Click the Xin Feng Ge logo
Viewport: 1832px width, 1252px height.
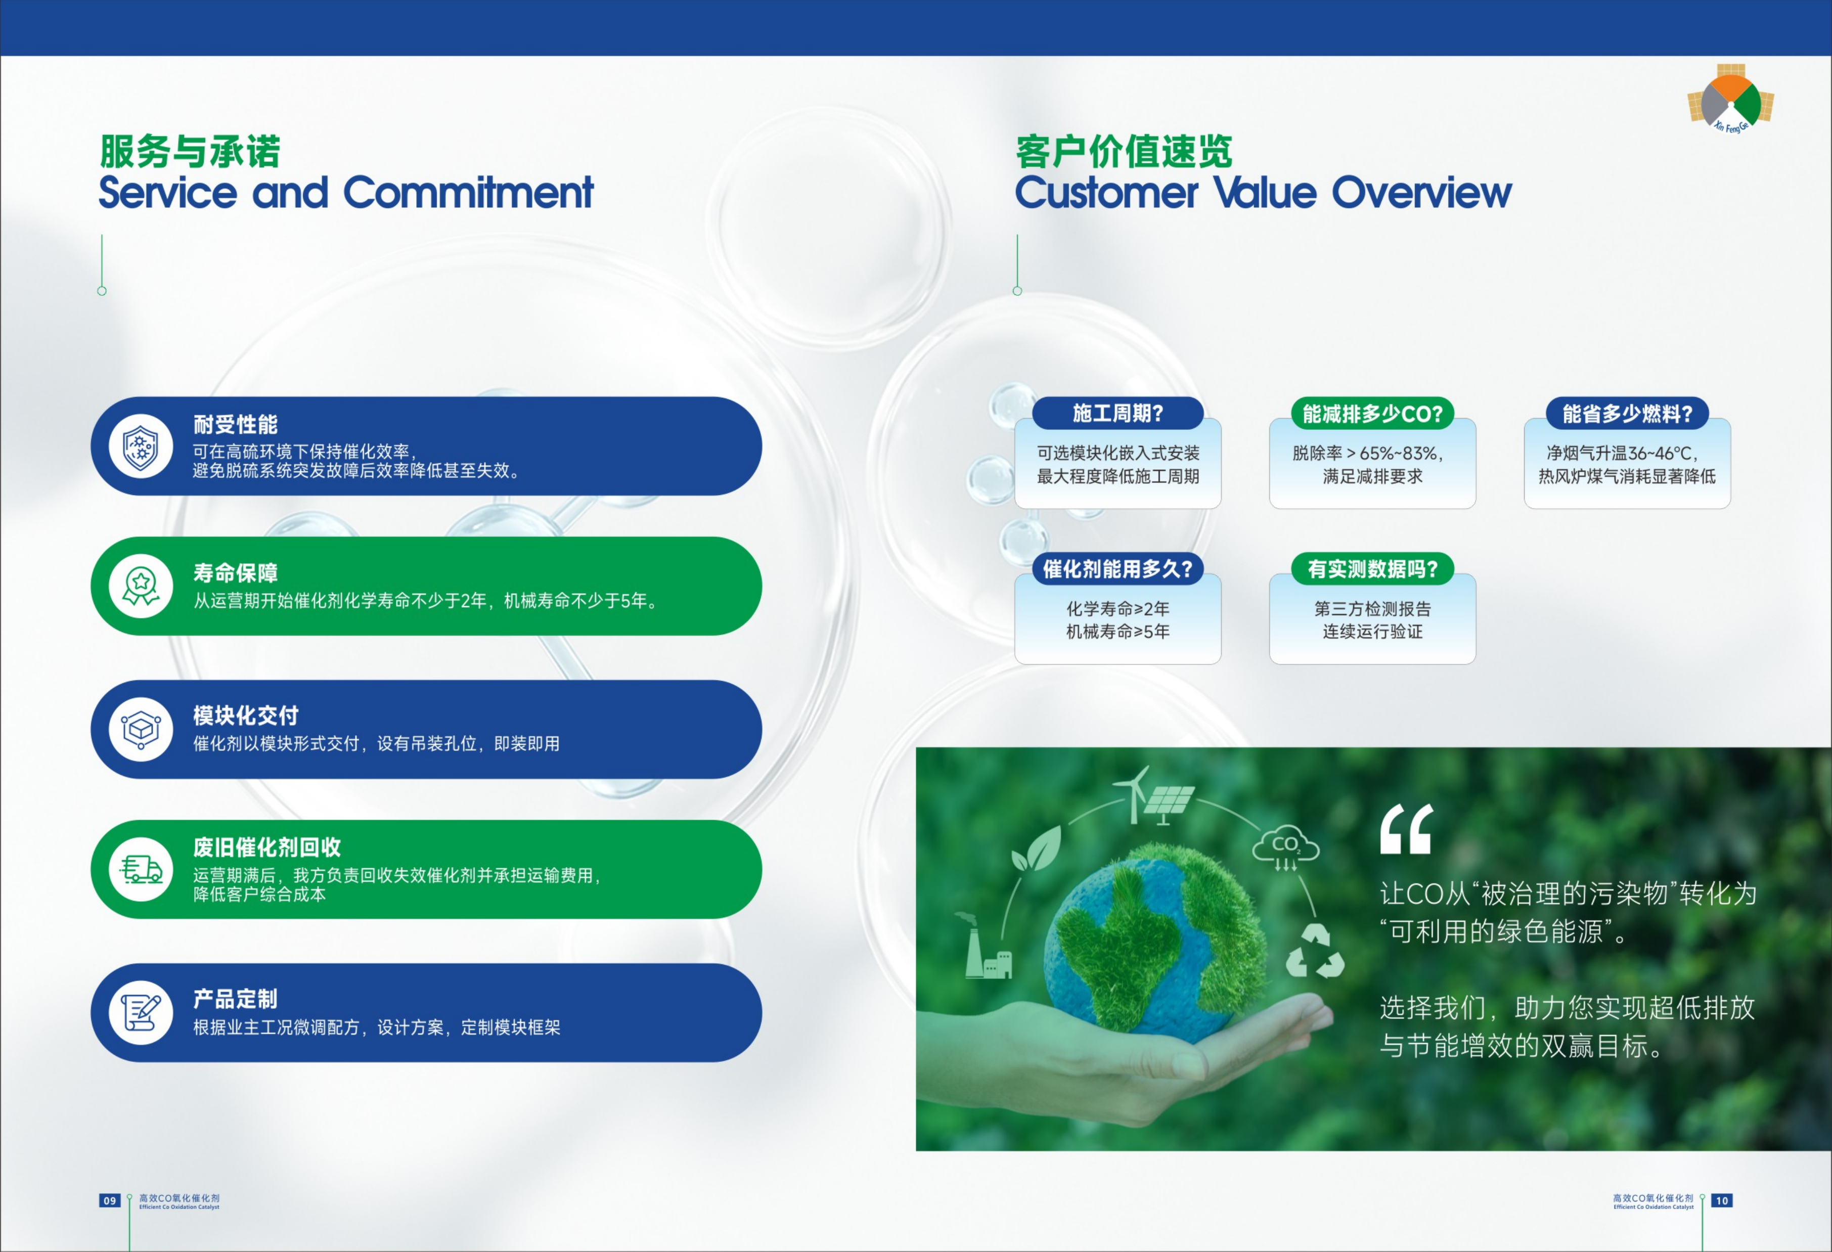coord(1730,99)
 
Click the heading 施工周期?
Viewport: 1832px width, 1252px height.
coord(1118,413)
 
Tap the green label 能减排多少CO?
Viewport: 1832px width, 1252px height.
coord(1372,413)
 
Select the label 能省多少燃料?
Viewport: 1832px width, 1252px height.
coord(1627,413)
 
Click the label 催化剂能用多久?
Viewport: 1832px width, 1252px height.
coord(1118,568)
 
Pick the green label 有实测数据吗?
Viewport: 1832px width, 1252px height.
coord(1372,568)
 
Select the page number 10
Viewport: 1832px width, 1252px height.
coord(1722,1201)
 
